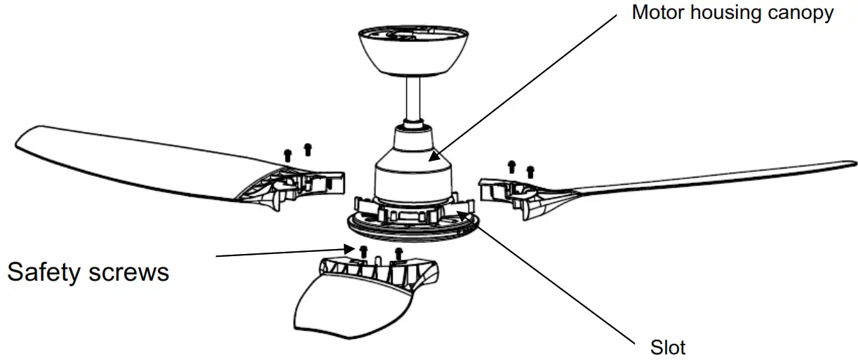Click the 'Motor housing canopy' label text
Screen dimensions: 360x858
click(732, 13)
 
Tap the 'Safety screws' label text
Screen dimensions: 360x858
click(88, 271)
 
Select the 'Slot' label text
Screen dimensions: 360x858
click(668, 347)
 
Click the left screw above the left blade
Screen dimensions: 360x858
click(287, 154)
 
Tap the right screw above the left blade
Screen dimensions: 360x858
click(307, 149)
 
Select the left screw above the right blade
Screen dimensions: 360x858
click(511, 166)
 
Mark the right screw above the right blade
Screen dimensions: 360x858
click(530, 171)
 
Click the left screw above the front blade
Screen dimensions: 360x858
click(363, 251)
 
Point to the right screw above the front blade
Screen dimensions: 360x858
click(399, 253)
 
